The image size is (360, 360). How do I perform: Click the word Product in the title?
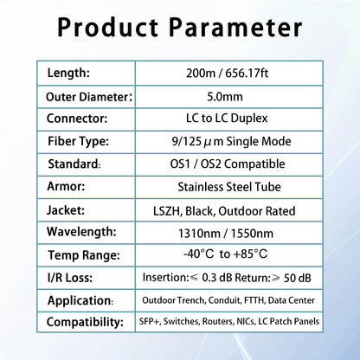(x=114, y=27)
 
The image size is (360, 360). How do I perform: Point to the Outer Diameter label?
(x=87, y=96)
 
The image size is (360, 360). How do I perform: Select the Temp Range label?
(x=81, y=255)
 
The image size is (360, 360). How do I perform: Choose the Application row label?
(x=82, y=300)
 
